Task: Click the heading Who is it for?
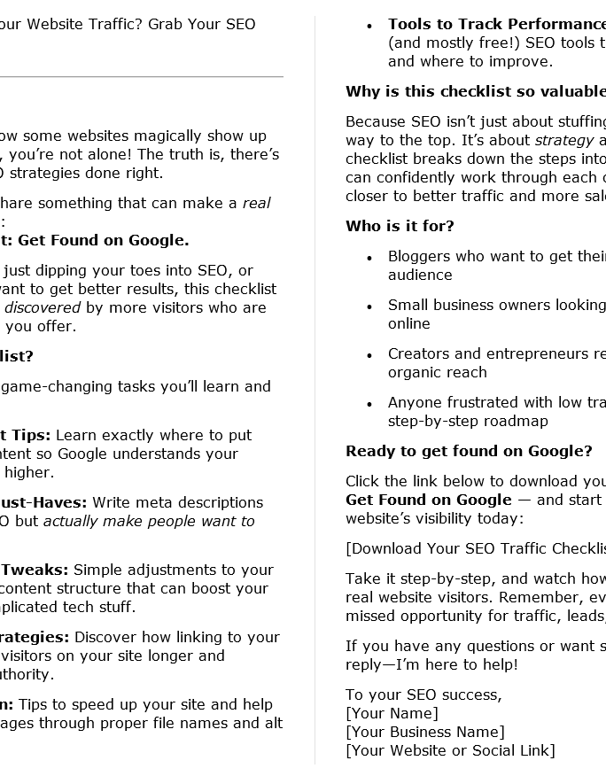400,226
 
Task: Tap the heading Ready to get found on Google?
469,451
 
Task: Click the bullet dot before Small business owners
369,307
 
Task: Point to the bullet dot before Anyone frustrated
369,404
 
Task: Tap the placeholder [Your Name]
392,713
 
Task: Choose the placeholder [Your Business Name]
424,732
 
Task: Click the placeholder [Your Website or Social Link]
450,750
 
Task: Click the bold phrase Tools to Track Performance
496,24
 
